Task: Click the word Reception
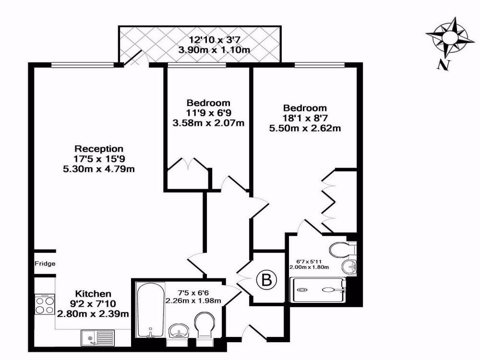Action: [99, 149]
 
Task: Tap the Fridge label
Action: [45, 263]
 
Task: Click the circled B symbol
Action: [267, 280]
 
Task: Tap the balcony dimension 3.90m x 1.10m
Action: [214, 49]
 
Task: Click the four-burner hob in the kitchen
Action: [45, 304]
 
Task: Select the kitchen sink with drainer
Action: [97, 338]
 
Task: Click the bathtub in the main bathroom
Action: [150, 310]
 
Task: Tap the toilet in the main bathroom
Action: [205, 324]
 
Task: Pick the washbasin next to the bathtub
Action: [179, 331]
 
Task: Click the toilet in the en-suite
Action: [343, 249]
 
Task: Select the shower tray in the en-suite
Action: [318, 289]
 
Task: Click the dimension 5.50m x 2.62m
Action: [305, 128]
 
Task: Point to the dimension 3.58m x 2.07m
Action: [208, 123]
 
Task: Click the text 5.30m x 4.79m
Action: [99, 168]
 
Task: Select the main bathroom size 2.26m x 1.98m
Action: [193, 300]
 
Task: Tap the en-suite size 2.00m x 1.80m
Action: [309, 267]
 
